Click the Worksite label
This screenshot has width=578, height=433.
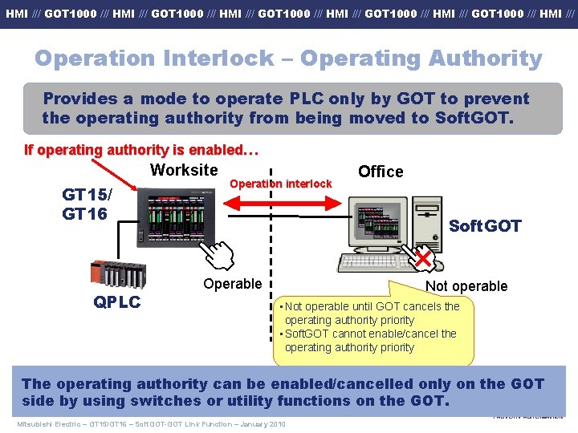(184, 170)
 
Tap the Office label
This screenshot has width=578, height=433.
(381, 172)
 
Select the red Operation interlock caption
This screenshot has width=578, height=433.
(280, 184)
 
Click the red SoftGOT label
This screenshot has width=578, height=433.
(485, 226)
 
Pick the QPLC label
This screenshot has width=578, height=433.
(117, 301)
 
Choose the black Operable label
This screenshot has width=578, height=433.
(232, 284)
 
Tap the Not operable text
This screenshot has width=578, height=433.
(466, 286)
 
